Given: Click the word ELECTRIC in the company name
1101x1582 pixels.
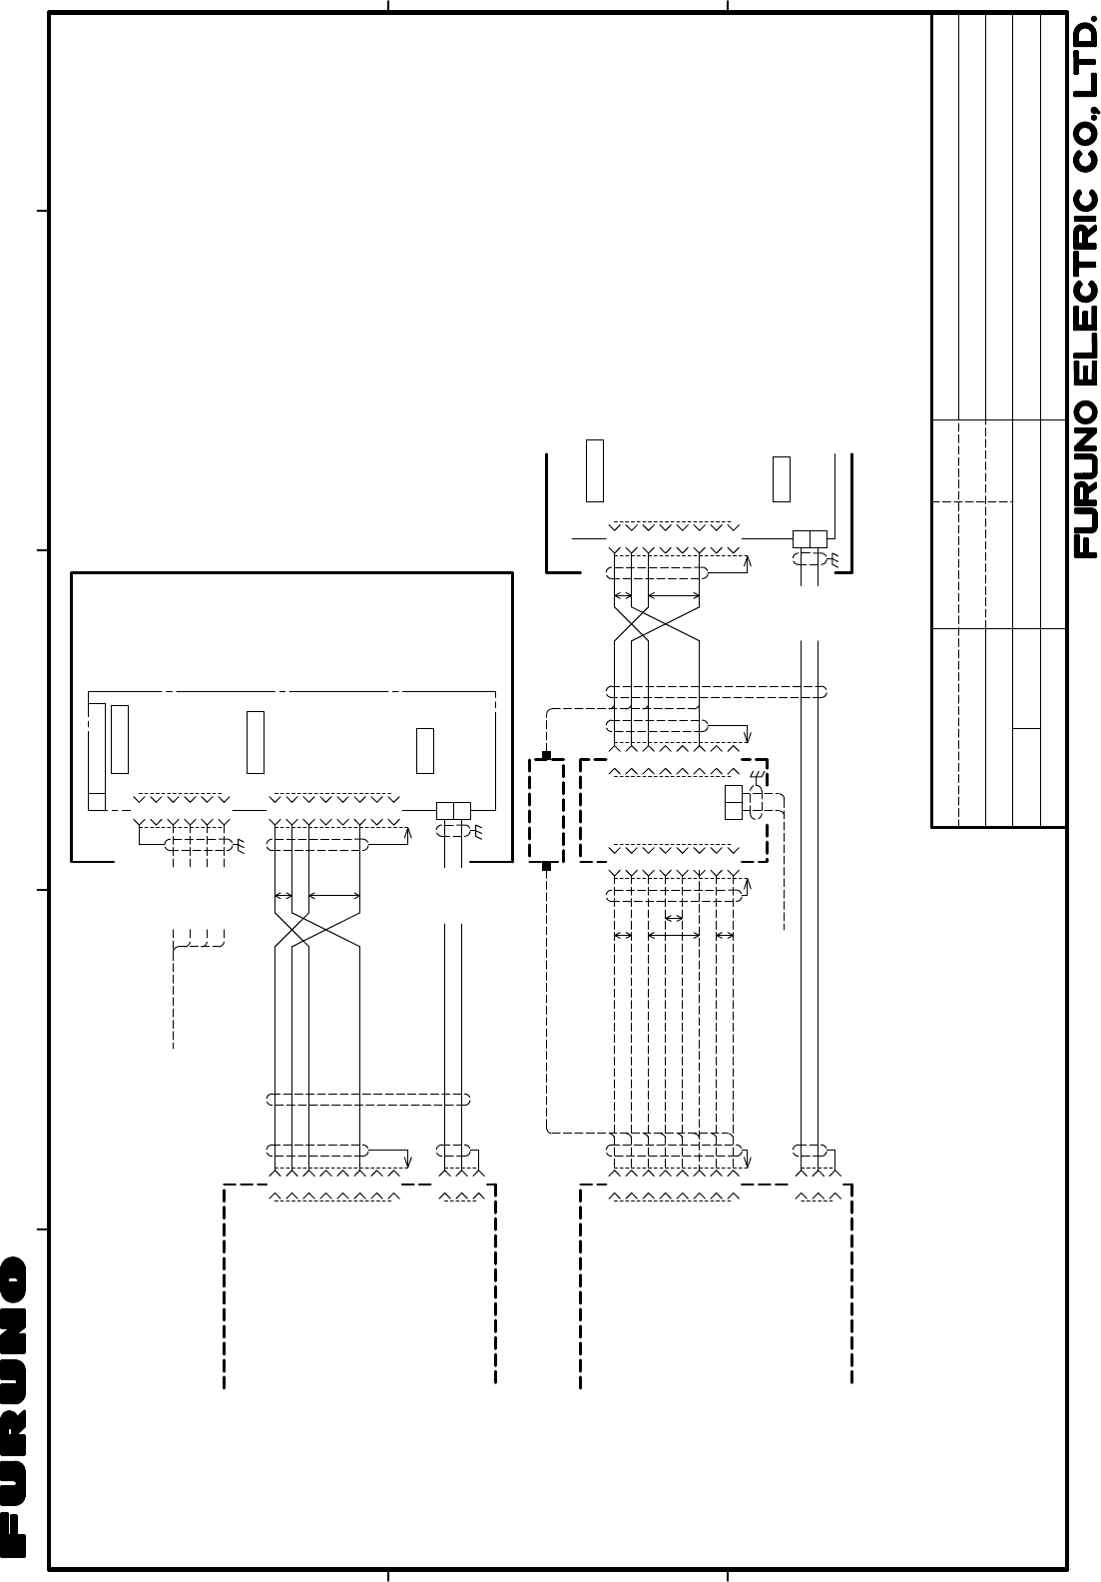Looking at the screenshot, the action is click(1085, 289).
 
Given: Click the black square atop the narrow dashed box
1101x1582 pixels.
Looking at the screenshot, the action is click(546, 756).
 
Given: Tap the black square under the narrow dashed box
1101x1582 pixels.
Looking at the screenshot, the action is click(546, 866).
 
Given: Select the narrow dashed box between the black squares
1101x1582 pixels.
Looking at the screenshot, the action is click(546, 811).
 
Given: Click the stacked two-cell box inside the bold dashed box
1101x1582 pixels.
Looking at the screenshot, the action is click(734, 802).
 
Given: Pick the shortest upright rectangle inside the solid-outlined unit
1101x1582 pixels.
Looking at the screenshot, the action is click(425, 751).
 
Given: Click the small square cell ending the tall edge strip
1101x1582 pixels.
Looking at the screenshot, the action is click(97, 802).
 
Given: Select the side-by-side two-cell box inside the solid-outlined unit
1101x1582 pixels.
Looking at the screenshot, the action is click(454, 811).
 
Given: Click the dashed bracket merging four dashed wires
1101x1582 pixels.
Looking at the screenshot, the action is click(199, 944).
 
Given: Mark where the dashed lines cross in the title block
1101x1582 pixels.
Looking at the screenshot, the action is click(958, 502).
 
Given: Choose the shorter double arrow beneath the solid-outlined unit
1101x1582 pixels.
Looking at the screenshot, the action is click(283, 896).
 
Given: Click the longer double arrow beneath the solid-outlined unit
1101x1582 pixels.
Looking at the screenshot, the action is click(334, 896).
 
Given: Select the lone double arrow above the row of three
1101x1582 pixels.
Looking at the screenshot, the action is click(674, 918).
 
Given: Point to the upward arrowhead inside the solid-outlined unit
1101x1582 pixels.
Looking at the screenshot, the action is click(408, 836).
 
